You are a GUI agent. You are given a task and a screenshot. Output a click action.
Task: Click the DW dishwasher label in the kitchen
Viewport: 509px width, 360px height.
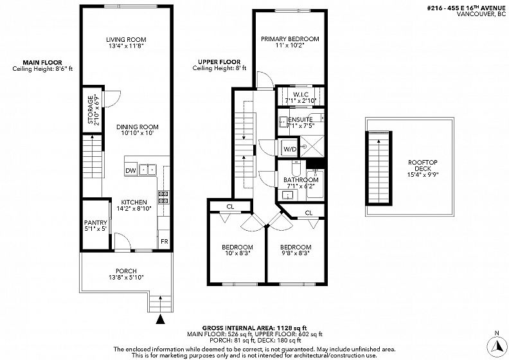point(130,171)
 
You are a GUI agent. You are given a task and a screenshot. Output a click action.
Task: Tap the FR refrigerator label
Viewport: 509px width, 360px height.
point(165,242)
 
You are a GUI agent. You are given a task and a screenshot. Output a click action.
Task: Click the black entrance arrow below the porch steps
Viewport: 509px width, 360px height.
point(160,319)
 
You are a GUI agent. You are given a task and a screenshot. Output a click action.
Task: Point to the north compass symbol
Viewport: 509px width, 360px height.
point(496,346)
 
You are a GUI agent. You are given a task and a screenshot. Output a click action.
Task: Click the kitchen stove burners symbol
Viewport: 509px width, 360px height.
point(164,197)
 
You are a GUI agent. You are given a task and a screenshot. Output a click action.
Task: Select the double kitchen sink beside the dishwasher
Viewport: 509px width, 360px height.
point(148,170)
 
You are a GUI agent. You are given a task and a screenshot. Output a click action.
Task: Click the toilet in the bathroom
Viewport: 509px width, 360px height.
point(296,168)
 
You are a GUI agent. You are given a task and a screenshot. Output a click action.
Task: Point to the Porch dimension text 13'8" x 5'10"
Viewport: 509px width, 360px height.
point(126,277)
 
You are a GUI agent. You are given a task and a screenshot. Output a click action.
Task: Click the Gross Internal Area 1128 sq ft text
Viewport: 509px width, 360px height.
point(254,328)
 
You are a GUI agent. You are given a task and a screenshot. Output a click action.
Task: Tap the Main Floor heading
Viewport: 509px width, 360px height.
point(42,62)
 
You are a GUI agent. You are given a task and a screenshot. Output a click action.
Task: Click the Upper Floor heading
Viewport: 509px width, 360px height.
point(219,62)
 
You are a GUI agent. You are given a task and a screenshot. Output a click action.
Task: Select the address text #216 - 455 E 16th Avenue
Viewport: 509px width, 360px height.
point(467,8)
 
